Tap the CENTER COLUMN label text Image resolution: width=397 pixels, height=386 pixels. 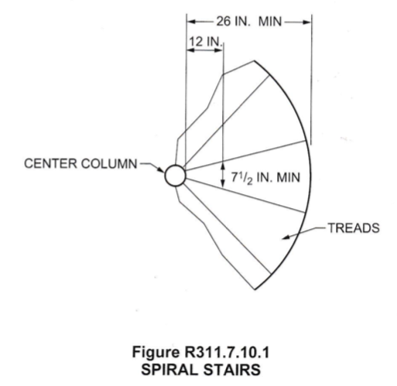click(80, 164)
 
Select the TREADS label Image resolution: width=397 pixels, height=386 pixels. click(354, 228)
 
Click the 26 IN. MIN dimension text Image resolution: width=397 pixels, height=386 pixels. click(249, 22)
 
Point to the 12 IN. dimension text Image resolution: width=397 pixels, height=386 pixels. click(206, 41)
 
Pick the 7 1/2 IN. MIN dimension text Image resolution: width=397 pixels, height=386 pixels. click(265, 178)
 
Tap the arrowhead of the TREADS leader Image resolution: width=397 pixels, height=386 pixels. click(285, 237)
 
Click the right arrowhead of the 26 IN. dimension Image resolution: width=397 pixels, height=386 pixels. click(307, 22)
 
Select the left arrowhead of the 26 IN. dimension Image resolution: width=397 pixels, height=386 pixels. click(191, 22)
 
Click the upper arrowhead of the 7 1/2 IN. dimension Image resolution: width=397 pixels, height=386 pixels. click(223, 166)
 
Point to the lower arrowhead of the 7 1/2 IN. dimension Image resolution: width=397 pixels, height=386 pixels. click(223, 183)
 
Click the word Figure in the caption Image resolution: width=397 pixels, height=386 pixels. click(156, 353)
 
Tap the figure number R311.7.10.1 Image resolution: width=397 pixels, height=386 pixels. click(227, 352)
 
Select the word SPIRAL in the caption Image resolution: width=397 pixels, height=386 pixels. click(169, 370)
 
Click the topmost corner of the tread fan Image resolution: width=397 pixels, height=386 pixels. click(254, 61)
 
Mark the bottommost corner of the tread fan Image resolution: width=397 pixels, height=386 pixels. click(255, 289)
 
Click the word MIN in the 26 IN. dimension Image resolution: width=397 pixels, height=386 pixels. click(270, 22)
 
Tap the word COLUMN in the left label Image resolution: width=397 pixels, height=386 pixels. click(109, 164)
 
